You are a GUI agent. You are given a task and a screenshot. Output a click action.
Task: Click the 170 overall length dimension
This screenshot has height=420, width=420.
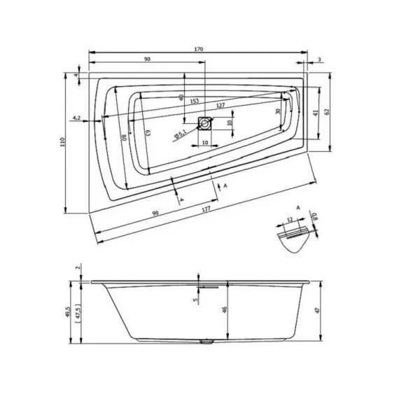coord(199,49)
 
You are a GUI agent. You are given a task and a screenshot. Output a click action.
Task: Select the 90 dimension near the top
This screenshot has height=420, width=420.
coord(148,59)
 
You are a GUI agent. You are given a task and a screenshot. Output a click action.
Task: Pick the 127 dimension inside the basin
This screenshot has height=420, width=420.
coord(220,106)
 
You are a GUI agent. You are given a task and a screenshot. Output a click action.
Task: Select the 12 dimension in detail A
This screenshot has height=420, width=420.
coord(289,221)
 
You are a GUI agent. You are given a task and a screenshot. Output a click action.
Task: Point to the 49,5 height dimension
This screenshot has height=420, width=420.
coord(68,311)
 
